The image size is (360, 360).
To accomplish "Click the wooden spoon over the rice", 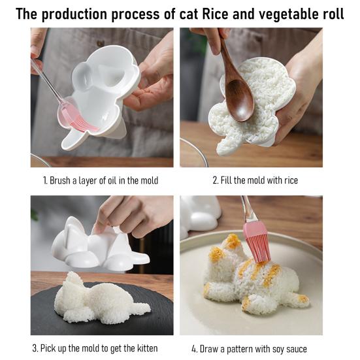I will [237, 85].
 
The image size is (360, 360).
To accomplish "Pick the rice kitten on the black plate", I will [98, 301].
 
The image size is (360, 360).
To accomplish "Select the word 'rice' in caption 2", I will [287, 180].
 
